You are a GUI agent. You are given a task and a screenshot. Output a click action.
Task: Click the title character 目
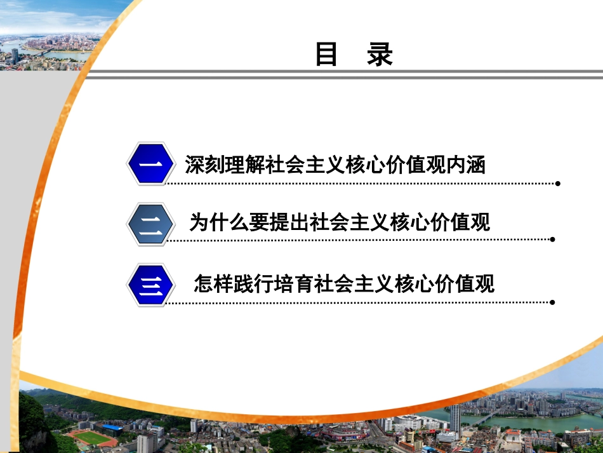(x=326, y=55)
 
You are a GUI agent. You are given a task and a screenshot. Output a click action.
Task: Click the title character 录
(x=380, y=55)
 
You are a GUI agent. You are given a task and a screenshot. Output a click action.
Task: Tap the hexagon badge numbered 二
(x=150, y=223)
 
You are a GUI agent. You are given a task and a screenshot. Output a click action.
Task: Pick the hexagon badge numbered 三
(x=150, y=285)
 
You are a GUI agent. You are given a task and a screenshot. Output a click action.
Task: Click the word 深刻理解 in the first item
(x=224, y=165)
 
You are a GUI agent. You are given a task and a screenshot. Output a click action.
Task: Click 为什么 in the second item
(x=219, y=222)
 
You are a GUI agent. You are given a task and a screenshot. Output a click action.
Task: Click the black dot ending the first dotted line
(x=558, y=184)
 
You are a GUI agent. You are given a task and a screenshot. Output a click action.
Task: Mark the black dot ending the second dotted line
(x=553, y=240)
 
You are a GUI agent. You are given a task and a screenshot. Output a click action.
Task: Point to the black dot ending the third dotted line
(x=553, y=302)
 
